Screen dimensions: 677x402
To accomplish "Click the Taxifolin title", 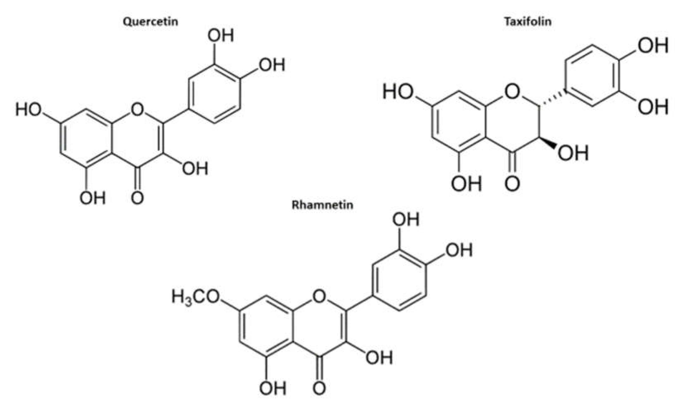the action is [x=528, y=21].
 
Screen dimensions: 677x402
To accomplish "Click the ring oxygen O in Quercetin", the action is [x=137, y=109].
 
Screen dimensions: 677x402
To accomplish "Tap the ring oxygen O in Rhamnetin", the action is [x=319, y=296].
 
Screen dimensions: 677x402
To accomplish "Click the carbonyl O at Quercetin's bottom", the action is [x=137, y=198].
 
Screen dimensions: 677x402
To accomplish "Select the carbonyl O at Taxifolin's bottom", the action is [x=512, y=183].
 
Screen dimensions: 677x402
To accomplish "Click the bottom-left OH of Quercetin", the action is [x=92, y=198].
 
